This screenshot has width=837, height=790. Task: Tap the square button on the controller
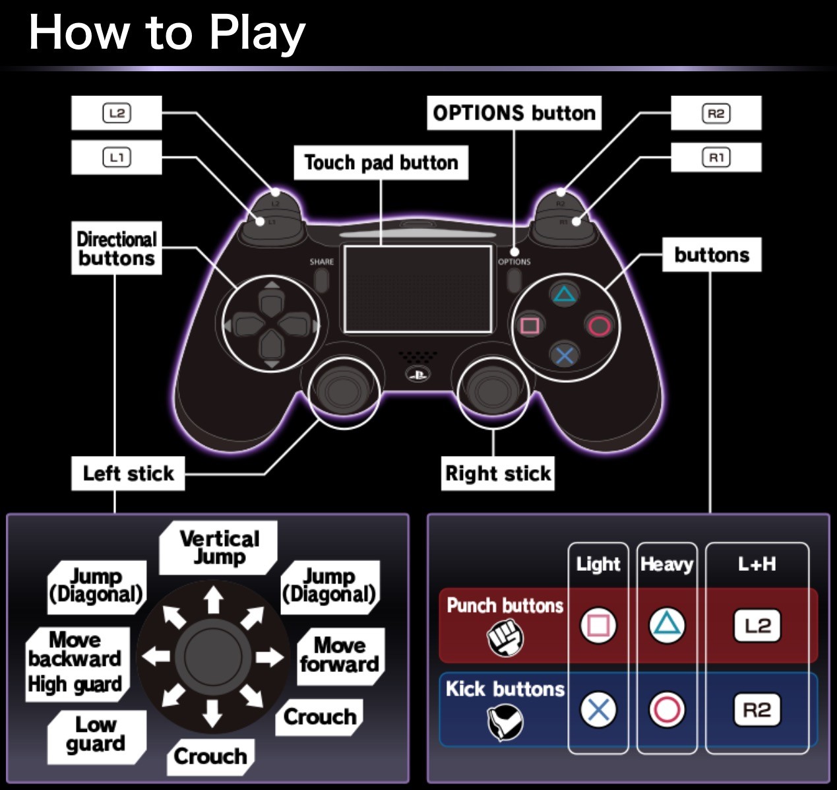coord(530,325)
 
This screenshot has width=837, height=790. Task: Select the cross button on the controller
coord(565,356)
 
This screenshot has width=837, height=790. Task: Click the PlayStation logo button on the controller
coord(418,374)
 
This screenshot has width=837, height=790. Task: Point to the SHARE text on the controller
coord(322,262)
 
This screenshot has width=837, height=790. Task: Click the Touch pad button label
coord(381,163)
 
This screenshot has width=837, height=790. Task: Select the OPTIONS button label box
coord(514,113)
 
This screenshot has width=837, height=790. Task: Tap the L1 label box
coord(117,157)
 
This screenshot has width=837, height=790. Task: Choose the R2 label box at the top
coord(716,113)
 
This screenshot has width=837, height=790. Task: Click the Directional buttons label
coord(117,248)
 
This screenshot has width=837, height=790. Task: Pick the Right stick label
coord(498,473)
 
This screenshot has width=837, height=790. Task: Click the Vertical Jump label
coord(218,548)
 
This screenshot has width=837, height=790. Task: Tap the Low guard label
coord(97,737)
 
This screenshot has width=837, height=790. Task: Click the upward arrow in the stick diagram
coord(213,599)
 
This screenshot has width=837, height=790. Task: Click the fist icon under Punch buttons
coord(505,638)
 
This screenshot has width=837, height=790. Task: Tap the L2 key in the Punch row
coord(757,626)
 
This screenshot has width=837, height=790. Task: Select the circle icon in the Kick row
coord(667,709)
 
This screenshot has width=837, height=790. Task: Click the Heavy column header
coord(667,564)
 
